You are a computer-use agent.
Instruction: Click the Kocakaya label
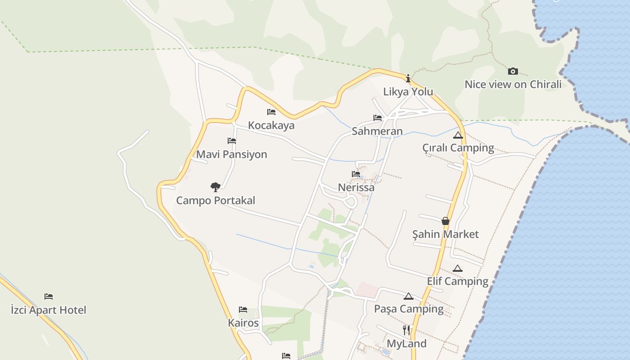(x=271, y=125)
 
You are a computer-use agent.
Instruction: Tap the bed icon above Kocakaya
(x=271, y=112)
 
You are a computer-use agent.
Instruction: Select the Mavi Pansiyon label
(x=232, y=154)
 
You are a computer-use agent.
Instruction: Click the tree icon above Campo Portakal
(x=216, y=187)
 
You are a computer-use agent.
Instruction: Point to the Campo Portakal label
(x=216, y=201)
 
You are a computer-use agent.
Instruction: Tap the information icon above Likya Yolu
(x=408, y=79)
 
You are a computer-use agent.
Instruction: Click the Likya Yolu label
(x=408, y=92)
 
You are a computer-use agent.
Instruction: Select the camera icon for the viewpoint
(x=513, y=71)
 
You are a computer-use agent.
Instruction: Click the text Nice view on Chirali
(x=513, y=85)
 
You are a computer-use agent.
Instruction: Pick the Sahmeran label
(x=377, y=131)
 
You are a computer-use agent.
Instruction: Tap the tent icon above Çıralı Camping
(x=458, y=135)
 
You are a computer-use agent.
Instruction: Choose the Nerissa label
(x=356, y=187)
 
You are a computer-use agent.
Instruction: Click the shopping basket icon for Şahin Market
(x=445, y=221)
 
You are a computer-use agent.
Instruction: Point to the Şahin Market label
(x=445, y=234)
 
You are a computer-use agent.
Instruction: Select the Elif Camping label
(x=458, y=281)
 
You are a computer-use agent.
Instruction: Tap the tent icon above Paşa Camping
(x=408, y=296)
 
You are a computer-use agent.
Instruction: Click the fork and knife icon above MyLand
(x=406, y=330)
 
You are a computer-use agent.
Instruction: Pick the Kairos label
(x=243, y=323)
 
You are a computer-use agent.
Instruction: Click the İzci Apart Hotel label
(x=49, y=310)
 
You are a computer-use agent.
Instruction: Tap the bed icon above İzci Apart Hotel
(x=49, y=297)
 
